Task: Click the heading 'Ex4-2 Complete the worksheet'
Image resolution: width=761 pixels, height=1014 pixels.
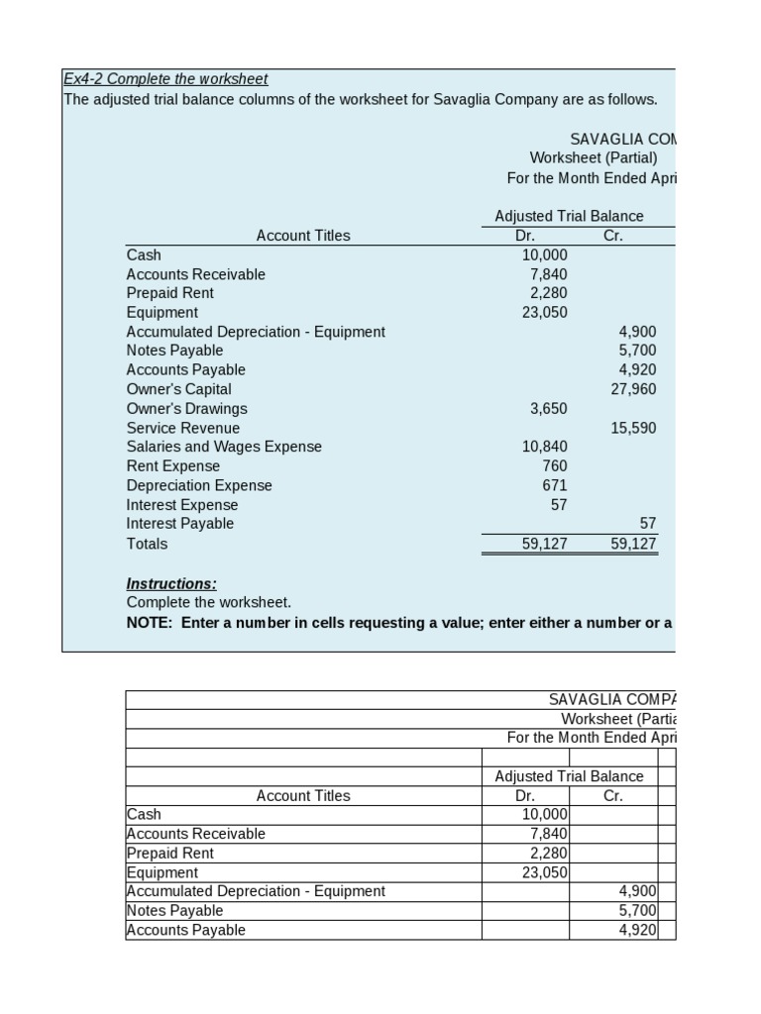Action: click(165, 78)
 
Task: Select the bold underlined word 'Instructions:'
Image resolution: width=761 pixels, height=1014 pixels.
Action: click(171, 583)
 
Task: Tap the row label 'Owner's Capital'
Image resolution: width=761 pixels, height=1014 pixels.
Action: click(178, 389)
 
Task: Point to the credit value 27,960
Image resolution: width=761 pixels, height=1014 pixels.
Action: click(633, 389)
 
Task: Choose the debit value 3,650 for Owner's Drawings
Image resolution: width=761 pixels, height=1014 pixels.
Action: click(546, 408)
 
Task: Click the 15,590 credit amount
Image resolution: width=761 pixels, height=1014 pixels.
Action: click(633, 428)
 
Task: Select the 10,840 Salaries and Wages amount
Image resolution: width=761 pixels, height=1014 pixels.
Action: click(544, 447)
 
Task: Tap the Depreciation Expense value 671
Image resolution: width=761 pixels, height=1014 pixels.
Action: click(554, 485)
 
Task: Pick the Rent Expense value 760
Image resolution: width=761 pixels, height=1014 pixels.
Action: click(554, 465)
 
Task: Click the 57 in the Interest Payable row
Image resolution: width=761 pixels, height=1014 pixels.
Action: click(647, 523)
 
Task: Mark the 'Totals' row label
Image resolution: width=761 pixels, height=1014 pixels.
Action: click(147, 544)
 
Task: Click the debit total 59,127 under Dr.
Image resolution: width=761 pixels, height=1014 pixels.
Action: click(544, 544)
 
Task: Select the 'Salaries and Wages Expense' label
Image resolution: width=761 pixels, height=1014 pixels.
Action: click(224, 447)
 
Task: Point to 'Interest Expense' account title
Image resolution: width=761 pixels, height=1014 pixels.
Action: click(182, 505)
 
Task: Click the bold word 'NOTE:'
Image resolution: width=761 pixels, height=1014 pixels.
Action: click(150, 623)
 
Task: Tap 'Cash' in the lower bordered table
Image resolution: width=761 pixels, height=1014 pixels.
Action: click(144, 814)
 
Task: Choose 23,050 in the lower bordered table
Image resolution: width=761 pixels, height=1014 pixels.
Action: click(544, 872)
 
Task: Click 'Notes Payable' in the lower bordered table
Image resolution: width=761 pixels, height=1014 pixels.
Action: click(174, 910)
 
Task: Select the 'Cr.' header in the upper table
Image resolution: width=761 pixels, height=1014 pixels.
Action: click(612, 235)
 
